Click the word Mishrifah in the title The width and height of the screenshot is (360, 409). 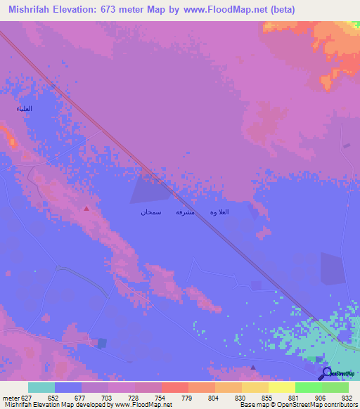[32, 10]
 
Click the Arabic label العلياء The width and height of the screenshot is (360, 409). [25, 109]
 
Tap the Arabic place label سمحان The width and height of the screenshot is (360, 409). [150, 212]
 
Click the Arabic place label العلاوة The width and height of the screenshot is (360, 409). [219, 212]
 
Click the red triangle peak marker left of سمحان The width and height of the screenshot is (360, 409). [86, 208]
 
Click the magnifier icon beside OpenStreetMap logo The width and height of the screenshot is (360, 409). [327, 372]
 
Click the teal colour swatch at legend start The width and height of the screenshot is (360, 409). [41, 387]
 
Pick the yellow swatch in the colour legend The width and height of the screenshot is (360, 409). [282, 387]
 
